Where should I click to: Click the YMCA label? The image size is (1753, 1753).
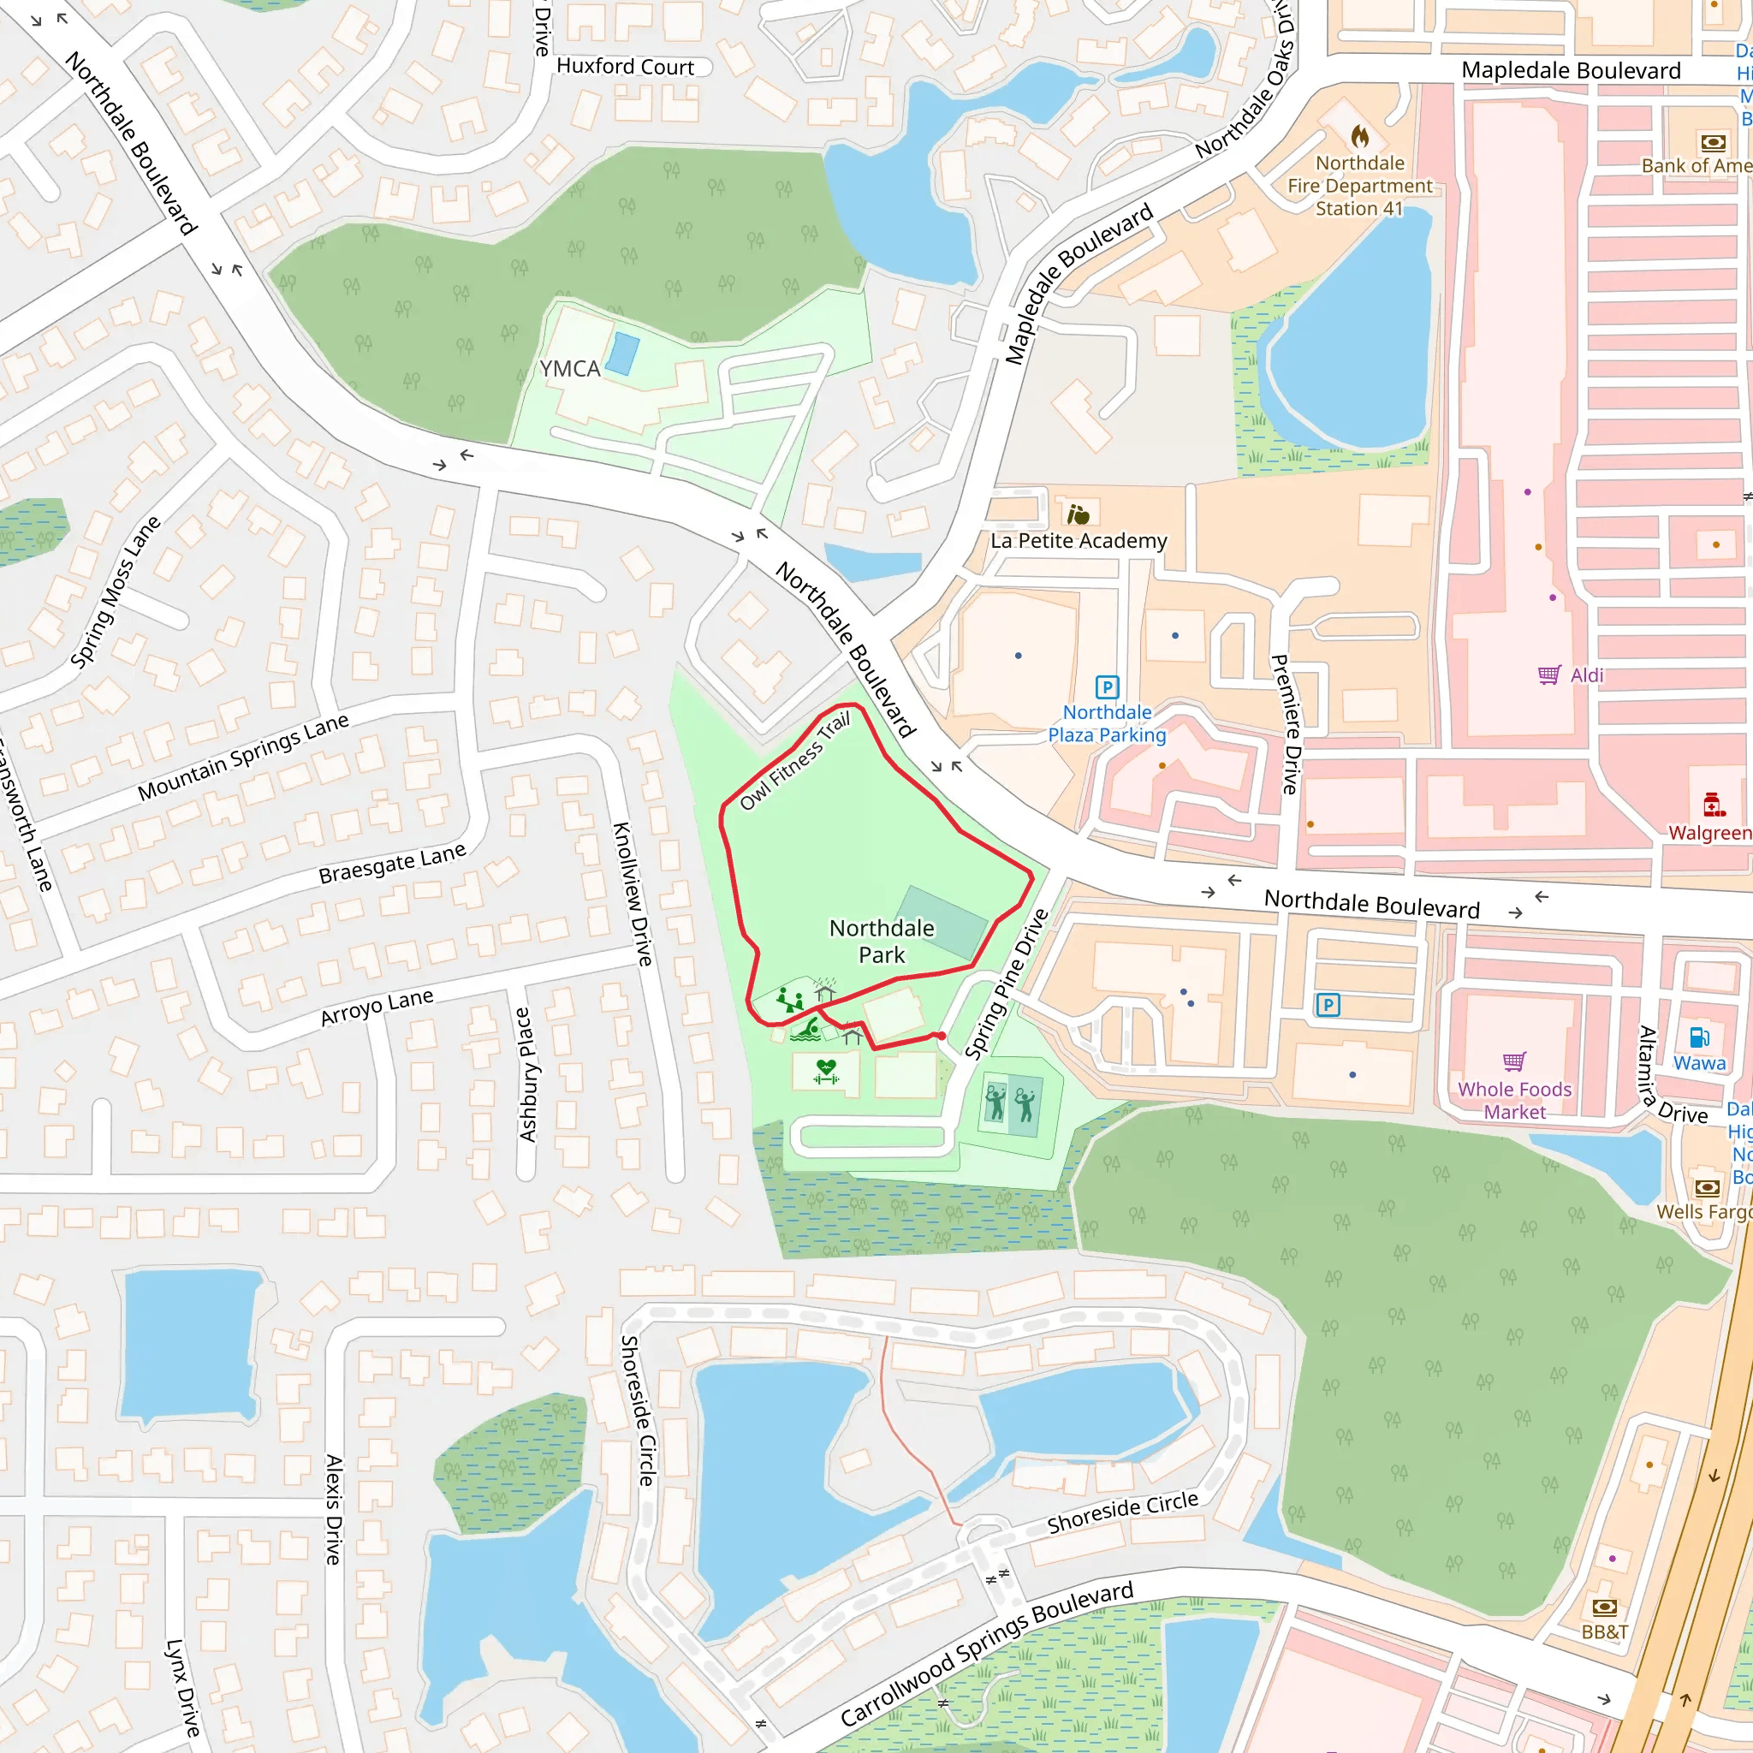pyautogui.click(x=570, y=368)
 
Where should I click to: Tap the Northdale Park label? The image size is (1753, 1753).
pyautogui.click(x=881, y=941)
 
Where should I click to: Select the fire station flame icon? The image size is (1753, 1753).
pyautogui.click(x=1359, y=137)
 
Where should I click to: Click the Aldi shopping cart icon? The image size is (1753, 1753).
pyautogui.click(x=1548, y=674)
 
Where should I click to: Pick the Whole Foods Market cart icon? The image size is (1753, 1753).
pyautogui.click(x=1514, y=1061)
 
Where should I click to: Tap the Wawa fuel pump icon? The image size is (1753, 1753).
pyautogui.click(x=1698, y=1037)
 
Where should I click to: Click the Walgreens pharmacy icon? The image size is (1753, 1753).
pyautogui.click(x=1713, y=804)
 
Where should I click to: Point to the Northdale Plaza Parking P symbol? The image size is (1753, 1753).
pyautogui.click(x=1107, y=686)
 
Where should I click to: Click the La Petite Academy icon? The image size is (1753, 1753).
pyautogui.click(x=1078, y=515)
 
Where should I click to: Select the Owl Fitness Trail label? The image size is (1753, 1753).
pyautogui.click(x=795, y=760)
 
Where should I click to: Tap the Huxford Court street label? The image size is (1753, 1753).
pyautogui.click(x=625, y=66)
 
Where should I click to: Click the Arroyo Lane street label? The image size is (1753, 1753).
pyautogui.click(x=377, y=1007)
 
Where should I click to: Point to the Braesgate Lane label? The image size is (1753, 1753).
pyautogui.click(x=392, y=863)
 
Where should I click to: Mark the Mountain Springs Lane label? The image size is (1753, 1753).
pyautogui.click(x=243, y=757)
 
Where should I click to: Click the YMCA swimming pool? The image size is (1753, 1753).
pyautogui.click(x=621, y=354)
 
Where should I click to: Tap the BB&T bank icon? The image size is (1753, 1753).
pyautogui.click(x=1604, y=1607)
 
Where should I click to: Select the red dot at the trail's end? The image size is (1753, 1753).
pyautogui.click(x=942, y=1036)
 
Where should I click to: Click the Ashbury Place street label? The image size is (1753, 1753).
pyautogui.click(x=526, y=1074)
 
